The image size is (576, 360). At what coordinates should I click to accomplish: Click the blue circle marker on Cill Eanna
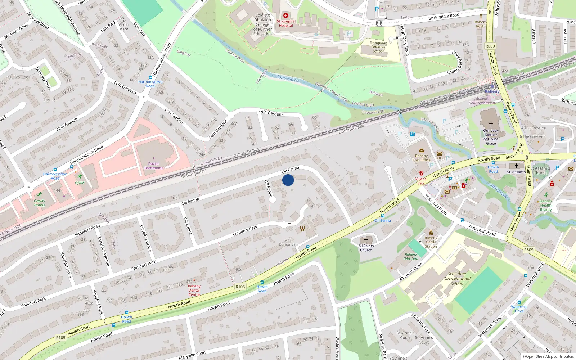(288, 180)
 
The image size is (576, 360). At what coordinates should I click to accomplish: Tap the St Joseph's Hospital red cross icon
(286, 15)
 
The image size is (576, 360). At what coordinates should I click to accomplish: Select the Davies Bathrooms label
(154, 166)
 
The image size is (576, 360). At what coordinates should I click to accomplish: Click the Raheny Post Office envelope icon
(421, 150)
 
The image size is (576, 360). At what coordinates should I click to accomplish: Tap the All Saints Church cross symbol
(366, 240)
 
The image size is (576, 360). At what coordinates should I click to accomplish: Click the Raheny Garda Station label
(431, 242)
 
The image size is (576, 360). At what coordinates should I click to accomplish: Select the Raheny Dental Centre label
(194, 290)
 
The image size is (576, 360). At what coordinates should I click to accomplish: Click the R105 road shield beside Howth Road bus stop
(240, 287)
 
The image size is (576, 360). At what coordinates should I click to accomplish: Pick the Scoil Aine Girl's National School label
(457, 279)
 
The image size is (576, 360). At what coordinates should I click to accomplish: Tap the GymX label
(80, 183)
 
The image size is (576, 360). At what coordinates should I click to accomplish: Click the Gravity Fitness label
(40, 203)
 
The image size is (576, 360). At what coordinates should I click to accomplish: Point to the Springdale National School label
(378, 47)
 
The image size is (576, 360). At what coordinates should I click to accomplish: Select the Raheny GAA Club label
(411, 256)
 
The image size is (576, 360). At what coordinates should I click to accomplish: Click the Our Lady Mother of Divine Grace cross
(491, 124)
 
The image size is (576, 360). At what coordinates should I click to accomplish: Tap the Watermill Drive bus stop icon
(519, 302)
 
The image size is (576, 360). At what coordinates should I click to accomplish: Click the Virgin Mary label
(123, 27)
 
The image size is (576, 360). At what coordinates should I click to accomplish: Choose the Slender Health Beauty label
(546, 205)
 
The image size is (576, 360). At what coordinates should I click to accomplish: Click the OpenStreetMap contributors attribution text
(548, 357)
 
